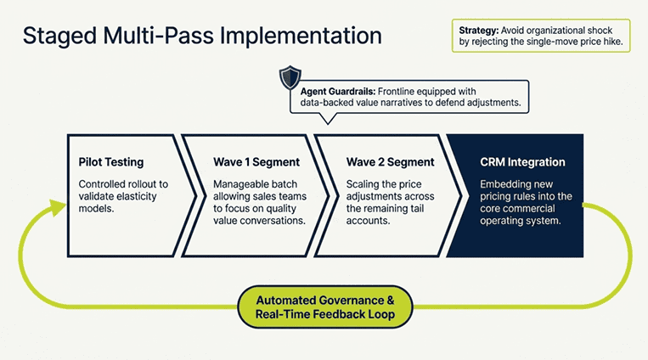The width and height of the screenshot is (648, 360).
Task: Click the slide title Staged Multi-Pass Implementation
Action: pyautogui.click(x=201, y=36)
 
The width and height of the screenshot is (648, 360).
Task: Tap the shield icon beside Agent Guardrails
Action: pyautogui.click(x=290, y=78)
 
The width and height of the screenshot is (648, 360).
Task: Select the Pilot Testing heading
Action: pyautogui.click(x=110, y=161)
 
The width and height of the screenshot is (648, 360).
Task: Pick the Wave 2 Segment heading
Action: pyautogui.click(x=390, y=161)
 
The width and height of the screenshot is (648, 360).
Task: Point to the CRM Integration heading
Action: pyautogui.click(x=522, y=161)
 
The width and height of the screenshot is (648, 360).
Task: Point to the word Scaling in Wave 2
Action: pyautogui.click(x=366, y=183)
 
